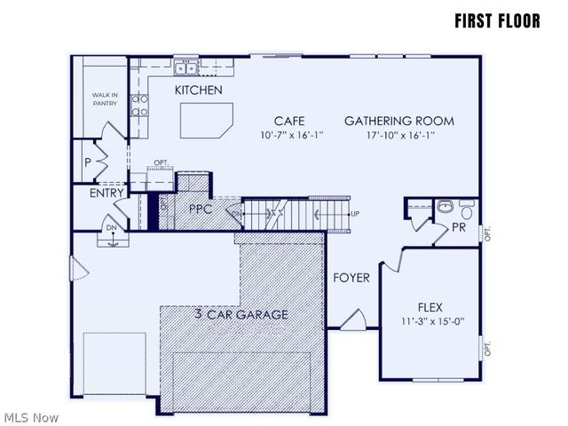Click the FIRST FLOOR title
tap(496, 20)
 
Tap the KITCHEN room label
tap(198, 91)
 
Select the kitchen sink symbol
tap(185, 67)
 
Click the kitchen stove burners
tap(140, 106)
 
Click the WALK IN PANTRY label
tap(105, 99)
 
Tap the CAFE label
tap(289, 121)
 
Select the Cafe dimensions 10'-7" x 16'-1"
tap(292, 136)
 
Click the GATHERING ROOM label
tap(399, 121)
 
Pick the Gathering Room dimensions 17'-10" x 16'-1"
tap(399, 136)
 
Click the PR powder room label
tap(459, 228)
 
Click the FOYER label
tap(351, 278)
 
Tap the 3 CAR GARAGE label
tap(241, 314)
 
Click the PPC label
tap(200, 209)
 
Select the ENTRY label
tap(106, 193)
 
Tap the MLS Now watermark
tap(31, 417)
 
